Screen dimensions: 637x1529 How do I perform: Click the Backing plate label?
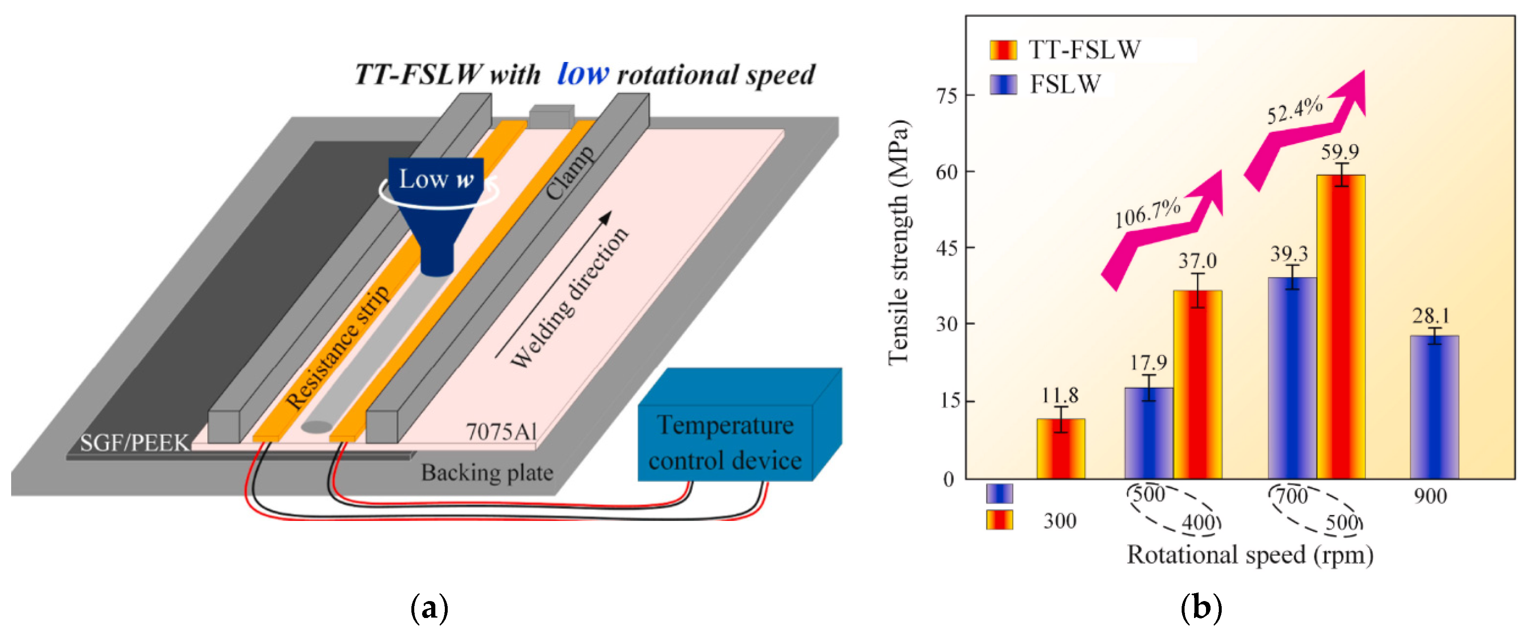coord(487,473)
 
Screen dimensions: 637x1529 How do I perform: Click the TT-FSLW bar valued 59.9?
coord(1340,326)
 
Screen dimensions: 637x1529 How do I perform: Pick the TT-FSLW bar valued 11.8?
coord(1061,448)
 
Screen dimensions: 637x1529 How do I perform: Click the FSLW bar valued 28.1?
coord(1434,406)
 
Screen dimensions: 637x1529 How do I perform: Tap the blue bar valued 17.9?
coord(1149,433)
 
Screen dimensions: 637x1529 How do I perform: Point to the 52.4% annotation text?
coord(1294,110)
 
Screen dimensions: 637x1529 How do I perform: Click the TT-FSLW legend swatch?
coord(1003,50)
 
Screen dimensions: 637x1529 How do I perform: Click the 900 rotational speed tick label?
coord(1430,496)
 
